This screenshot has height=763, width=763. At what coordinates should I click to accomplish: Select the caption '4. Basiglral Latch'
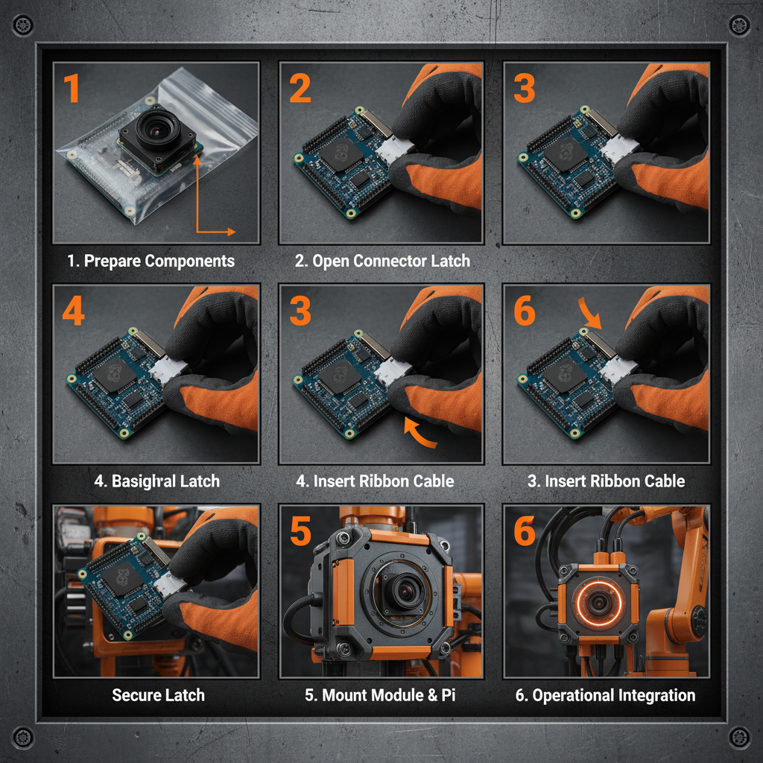(156, 481)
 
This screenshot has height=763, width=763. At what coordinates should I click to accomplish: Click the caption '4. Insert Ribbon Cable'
(374, 481)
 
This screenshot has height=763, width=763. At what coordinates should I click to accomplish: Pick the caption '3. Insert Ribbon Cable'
(606, 481)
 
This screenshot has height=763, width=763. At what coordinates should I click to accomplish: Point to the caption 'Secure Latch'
(158, 695)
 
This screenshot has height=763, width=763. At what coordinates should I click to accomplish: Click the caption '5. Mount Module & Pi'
(381, 695)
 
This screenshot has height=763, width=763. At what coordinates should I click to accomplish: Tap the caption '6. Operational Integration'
(605, 695)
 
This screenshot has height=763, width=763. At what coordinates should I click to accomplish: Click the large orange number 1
(71, 89)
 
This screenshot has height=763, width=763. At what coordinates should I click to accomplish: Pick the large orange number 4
(73, 311)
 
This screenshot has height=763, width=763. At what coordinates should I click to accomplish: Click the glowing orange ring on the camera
(598, 601)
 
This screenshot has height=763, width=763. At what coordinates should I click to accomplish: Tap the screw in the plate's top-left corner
(24, 25)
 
